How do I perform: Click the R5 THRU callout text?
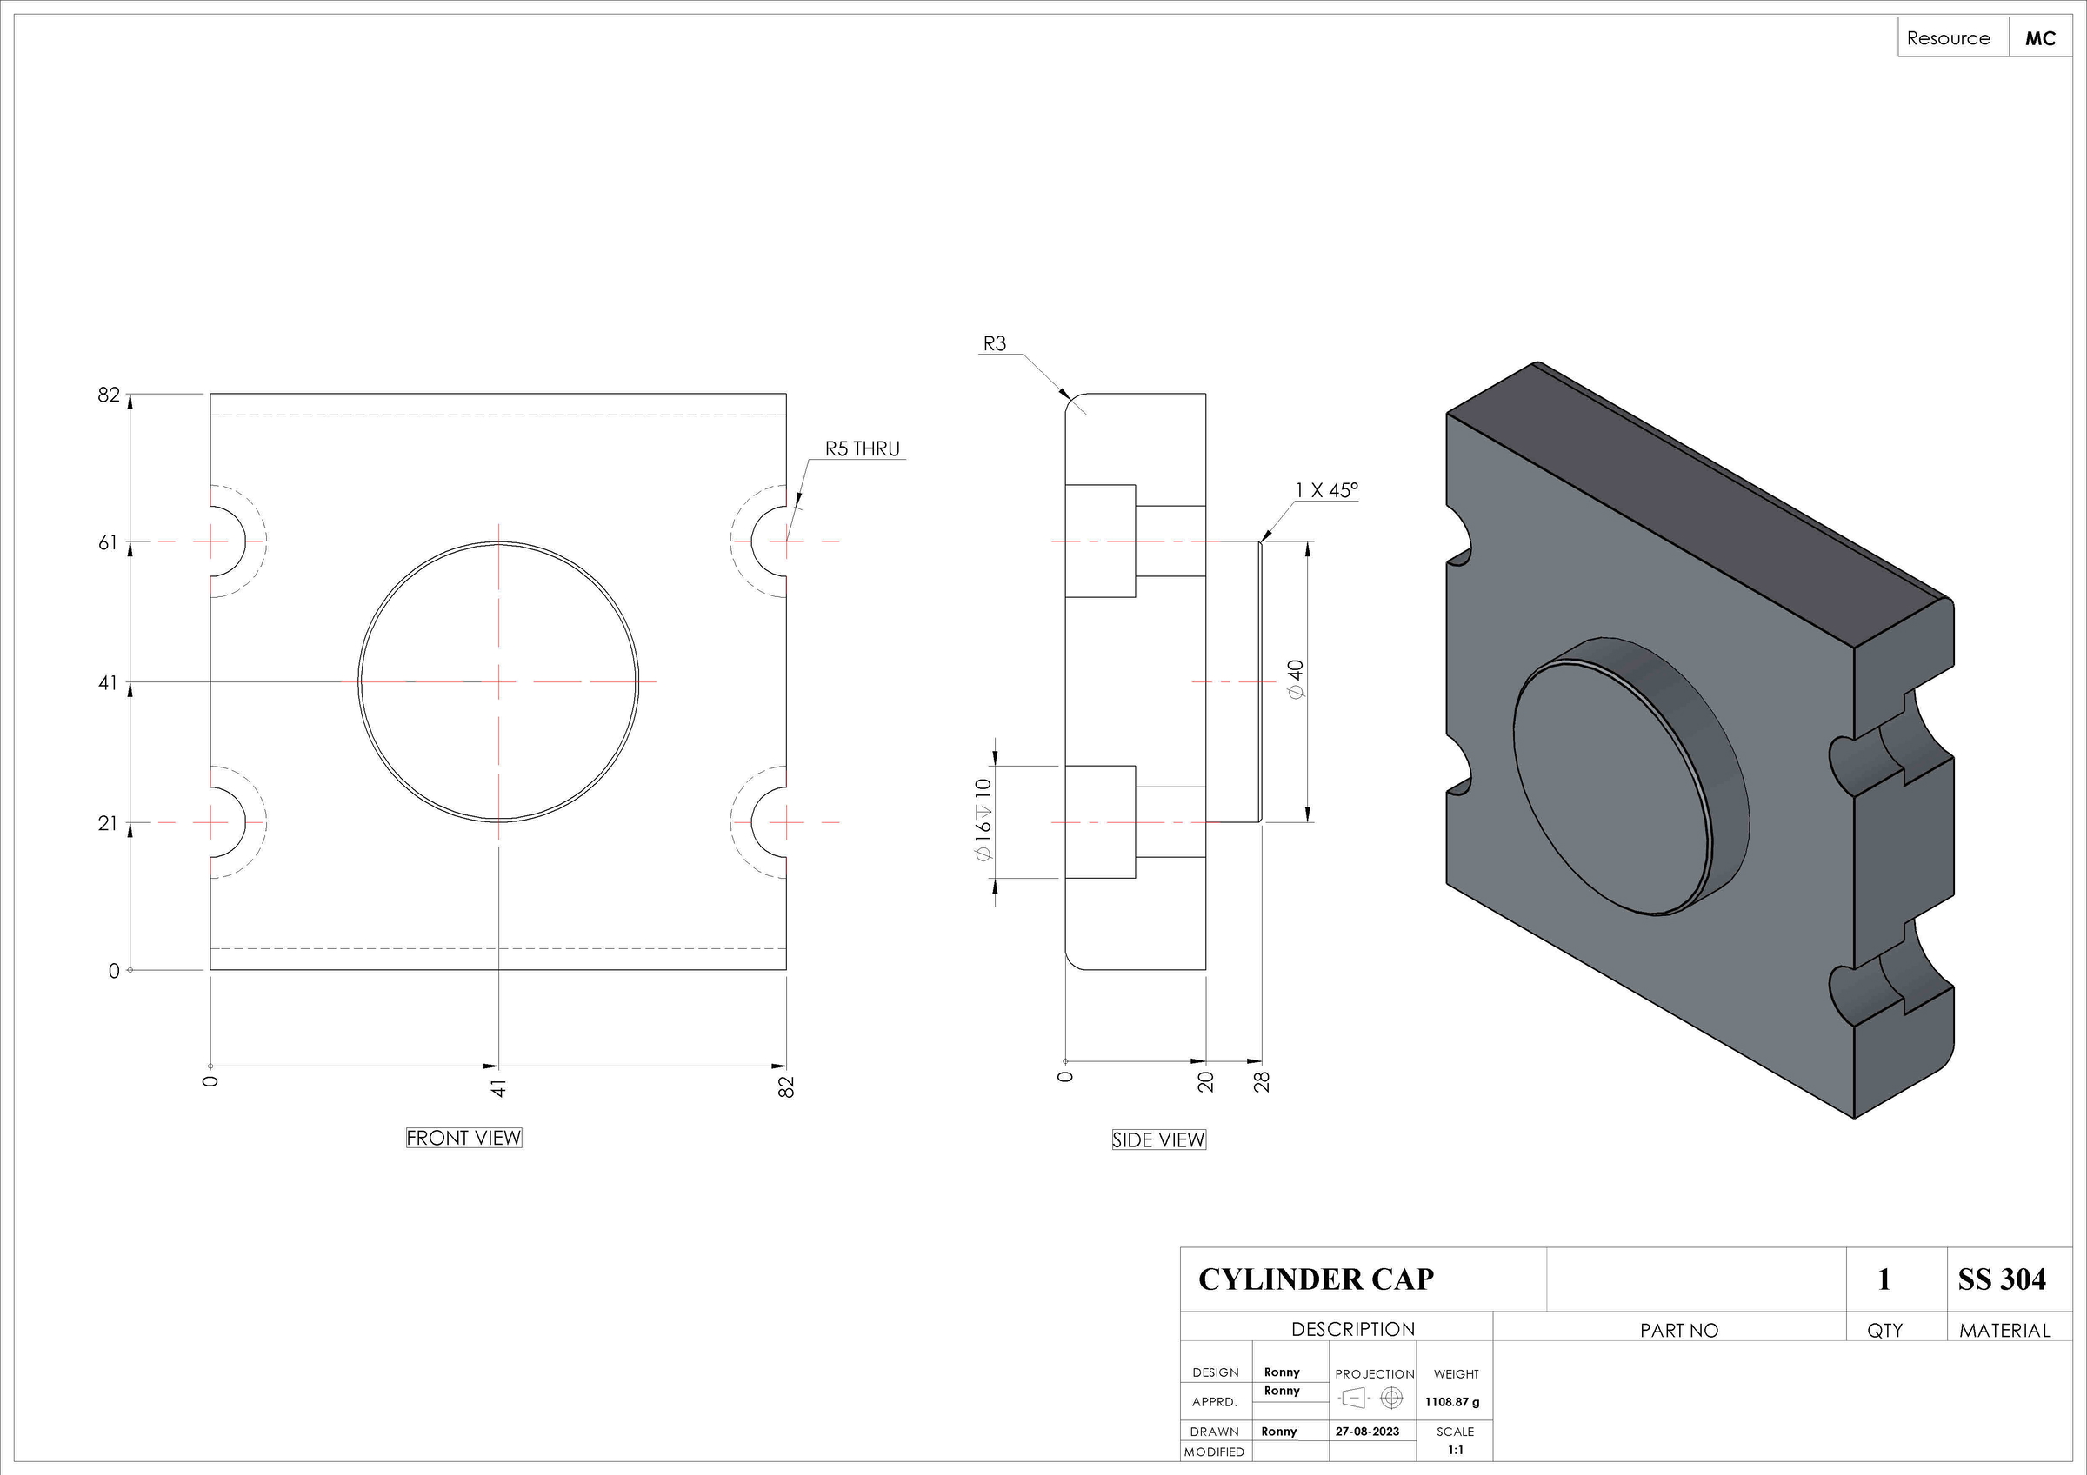[x=862, y=449]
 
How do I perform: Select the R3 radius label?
[x=995, y=343]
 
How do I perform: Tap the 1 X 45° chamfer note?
[x=1326, y=491]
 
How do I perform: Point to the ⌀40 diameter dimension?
[x=1296, y=679]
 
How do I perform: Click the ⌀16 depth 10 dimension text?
[x=983, y=819]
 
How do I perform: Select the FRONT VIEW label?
[x=463, y=1138]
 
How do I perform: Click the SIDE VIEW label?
[x=1158, y=1139]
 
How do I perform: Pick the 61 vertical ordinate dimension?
[x=108, y=542]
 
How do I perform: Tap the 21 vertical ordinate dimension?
[x=108, y=823]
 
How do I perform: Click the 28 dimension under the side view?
[x=1262, y=1081]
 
